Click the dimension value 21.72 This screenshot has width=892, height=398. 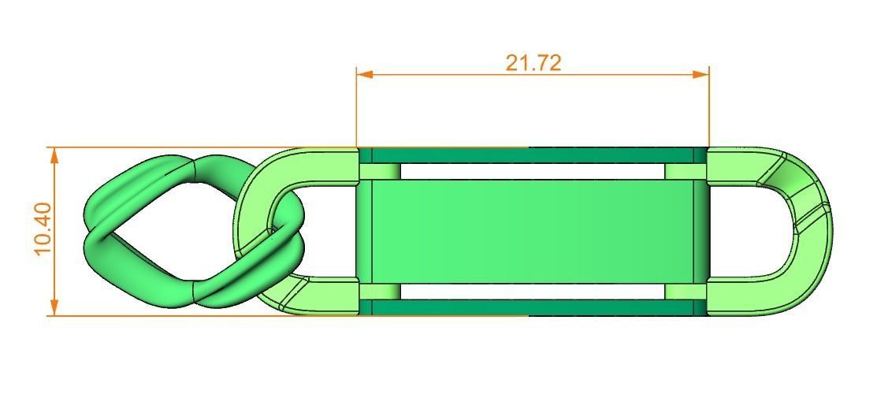coord(533,62)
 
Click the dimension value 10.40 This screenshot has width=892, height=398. coord(43,229)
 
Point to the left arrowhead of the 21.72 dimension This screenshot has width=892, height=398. coord(364,74)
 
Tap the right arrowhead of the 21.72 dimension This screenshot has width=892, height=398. coord(701,74)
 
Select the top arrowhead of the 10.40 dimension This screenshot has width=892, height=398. coord(54,155)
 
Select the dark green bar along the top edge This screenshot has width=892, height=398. coord(528,154)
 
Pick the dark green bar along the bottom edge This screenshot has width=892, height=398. coord(528,307)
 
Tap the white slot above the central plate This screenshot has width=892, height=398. coord(533,171)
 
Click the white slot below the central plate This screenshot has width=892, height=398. coord(533,291)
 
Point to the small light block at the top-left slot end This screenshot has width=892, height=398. coord(380,171)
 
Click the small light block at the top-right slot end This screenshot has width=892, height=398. coord(679,171)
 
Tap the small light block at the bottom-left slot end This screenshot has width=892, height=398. coord(380,292)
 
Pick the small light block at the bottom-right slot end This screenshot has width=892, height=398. coord(679,292)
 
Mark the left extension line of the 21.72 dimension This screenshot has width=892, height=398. coord(357,110)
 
